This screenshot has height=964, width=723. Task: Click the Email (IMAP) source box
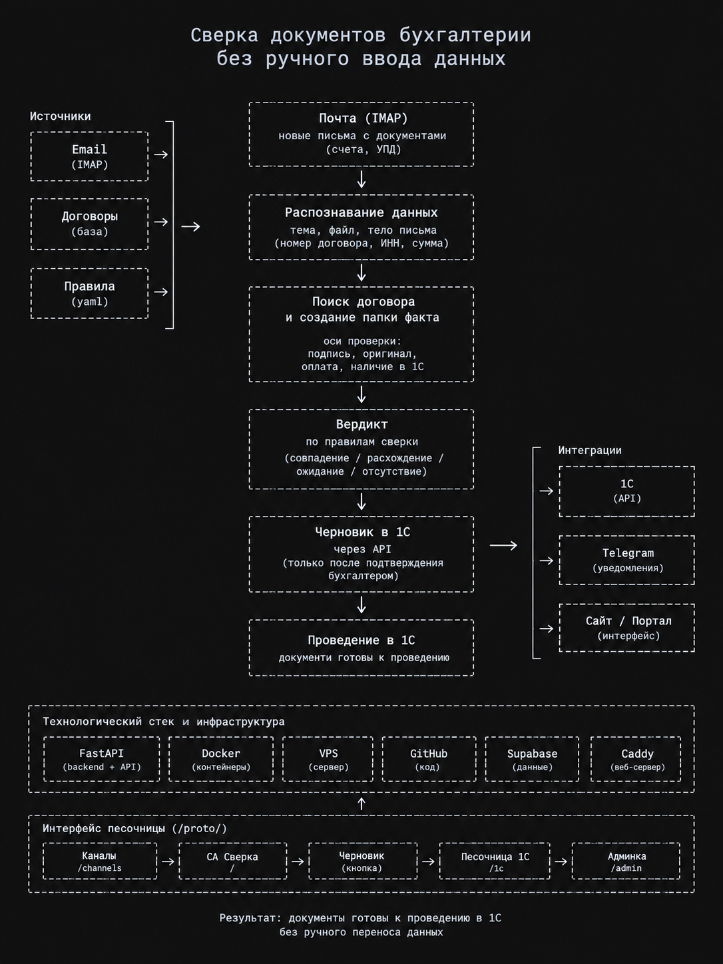coord(90,156)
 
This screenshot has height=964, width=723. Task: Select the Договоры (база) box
coord(90,224)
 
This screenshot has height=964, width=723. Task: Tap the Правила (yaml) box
coord(90,294)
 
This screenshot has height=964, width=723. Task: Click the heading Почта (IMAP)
coord(363,118)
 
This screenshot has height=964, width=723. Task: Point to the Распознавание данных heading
coord(361,212)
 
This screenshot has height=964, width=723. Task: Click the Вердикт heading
coord(361,424)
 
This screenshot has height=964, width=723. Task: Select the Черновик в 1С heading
coord(362,532)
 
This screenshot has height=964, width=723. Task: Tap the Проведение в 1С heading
coord(361,640)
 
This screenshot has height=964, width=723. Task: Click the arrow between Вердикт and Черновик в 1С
coord(361,501)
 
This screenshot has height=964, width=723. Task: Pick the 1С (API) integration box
coord(627,491)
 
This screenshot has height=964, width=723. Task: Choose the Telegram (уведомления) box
coord(627,560)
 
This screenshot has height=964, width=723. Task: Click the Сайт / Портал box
coord(627,628)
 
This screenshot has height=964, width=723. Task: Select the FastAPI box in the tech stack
coord(102,760)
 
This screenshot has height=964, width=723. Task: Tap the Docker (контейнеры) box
coord(221,760)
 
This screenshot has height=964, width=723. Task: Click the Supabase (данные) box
coord(532,760)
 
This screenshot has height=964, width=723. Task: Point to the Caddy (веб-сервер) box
coord(636,760)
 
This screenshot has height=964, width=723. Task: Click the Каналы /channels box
coord(100,861)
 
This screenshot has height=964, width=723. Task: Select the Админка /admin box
coord(626,861)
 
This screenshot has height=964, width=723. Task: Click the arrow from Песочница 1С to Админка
coord(561,861)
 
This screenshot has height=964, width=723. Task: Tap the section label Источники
coord(60,117)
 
